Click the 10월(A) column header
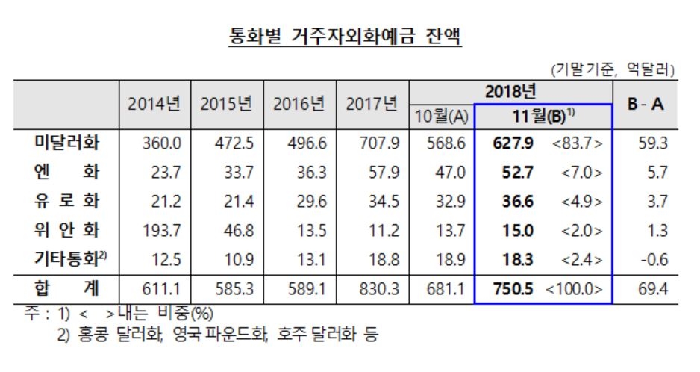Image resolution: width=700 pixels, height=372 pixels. click(x=441, y=117)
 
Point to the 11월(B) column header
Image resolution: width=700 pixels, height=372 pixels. click(x=543, y=117)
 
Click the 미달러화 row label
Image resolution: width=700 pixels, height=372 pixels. click(x=67, y=143)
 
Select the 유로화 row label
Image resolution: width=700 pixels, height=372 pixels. click(x=67, y=200)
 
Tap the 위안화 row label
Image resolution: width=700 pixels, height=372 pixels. click(x=67, y=230)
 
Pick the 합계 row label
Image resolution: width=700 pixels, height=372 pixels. click(x=67, y=288)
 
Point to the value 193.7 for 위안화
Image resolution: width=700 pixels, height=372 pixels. click(x=155, y=231)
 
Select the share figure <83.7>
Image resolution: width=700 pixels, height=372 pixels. click(x=578, y=143)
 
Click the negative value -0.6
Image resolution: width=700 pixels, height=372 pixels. click(x=653, y=259)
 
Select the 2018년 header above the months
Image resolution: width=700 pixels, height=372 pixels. click(x=510, y=92)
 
